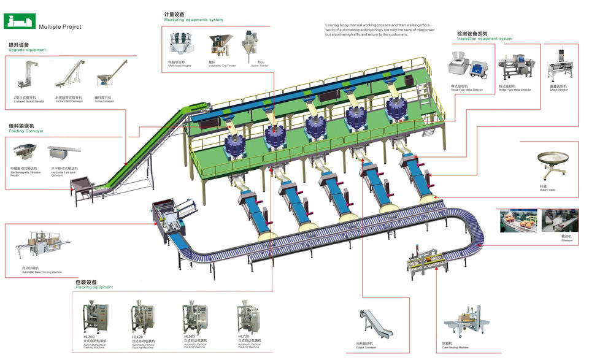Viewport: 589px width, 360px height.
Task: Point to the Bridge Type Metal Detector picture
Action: (x=513, y=66)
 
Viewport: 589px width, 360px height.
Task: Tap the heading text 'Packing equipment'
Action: (x=94, y=287)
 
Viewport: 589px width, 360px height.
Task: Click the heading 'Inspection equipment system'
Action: (x=485, y=39)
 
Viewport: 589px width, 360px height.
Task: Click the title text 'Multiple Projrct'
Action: (x=60, y=27)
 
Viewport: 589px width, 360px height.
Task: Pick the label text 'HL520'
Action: (x=190, y=336)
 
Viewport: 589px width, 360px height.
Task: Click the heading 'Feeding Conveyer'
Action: (x=26, y=131)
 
